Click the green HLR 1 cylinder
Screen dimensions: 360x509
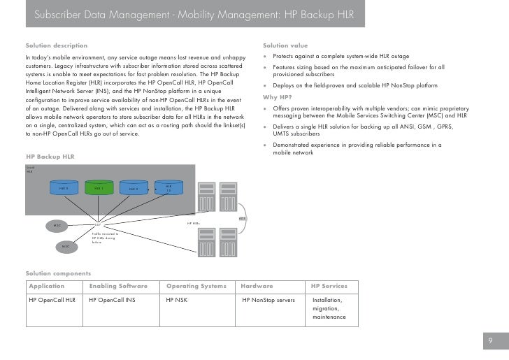[99, 188]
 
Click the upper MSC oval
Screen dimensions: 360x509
[57, 226]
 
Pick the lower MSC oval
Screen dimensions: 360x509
[65, 247]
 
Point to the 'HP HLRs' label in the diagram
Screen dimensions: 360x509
[194, 224]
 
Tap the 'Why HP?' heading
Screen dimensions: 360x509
[277, 96]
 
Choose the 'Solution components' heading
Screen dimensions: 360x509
[57, 273]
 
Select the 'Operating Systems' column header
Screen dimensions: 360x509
[196, 286]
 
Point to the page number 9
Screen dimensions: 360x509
[492, 341]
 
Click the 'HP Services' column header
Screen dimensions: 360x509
[329, 286]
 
